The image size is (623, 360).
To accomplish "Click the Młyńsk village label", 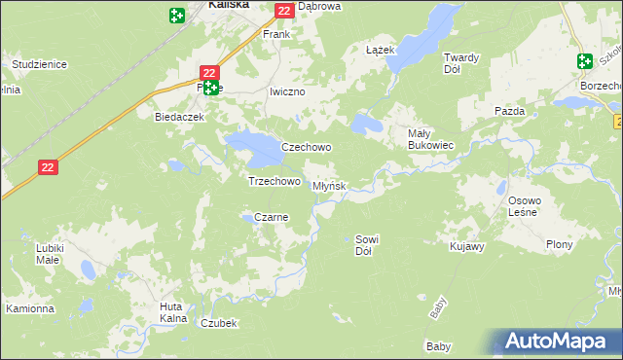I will point(328,186).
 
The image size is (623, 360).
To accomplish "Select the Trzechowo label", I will point(274,181).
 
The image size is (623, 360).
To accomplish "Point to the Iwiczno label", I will point(287,91).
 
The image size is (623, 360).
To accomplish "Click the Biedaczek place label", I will point(178,116).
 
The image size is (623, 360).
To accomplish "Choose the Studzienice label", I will point(39,64).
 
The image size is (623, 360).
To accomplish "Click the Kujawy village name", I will point(467,247).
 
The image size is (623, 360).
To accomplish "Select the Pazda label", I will point(509,111).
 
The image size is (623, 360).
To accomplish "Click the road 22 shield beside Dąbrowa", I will point(283,11).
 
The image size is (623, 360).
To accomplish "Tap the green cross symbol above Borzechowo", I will point(584,61).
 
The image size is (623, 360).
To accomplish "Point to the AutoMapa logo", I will point(558,342).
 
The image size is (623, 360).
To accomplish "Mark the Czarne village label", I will point(271,217).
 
